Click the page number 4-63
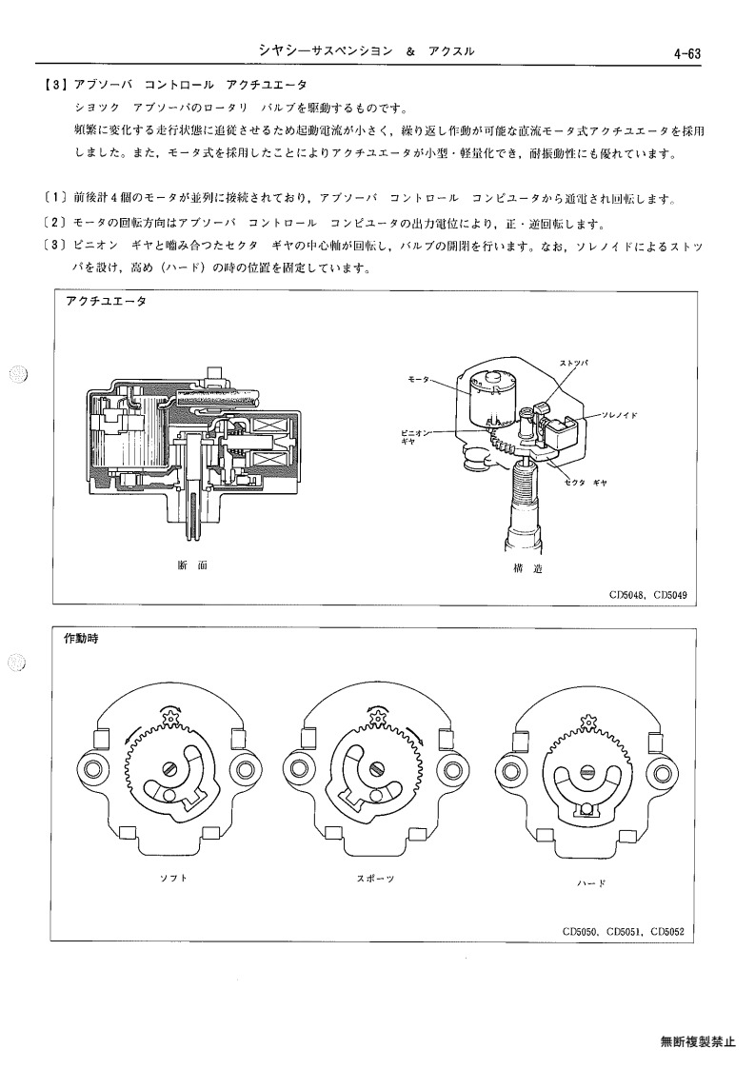(686, 54)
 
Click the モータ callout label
(419, 379)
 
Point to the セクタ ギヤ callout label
(586, 483)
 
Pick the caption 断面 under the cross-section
(191, 565)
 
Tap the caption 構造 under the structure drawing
(527, 568)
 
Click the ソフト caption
(173, 878)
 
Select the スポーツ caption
(376, 879)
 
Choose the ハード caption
(591, 884)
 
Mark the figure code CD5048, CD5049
(648, 595)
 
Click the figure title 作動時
(81, 640)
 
